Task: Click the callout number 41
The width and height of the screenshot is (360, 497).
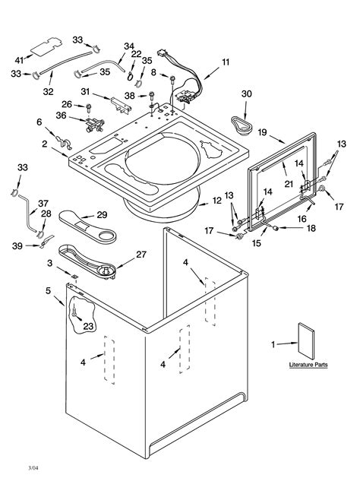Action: pos(19,59)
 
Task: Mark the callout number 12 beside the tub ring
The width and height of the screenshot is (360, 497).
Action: pos(217,201)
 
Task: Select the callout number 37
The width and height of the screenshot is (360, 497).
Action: pos(43,203)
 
